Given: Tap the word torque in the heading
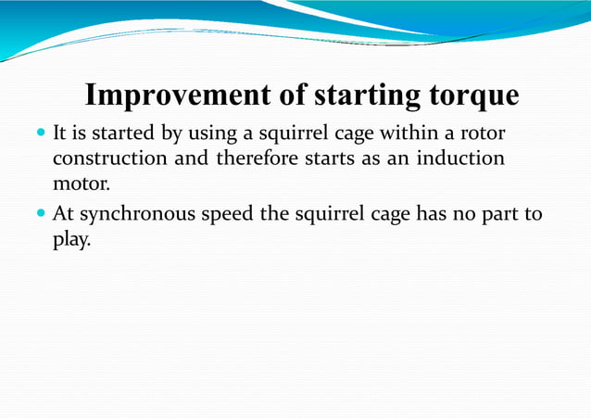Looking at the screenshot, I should (472, 95).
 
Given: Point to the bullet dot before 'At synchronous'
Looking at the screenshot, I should (41, 214).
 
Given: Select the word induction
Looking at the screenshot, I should (461, 158).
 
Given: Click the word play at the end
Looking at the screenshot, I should (71, 239).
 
